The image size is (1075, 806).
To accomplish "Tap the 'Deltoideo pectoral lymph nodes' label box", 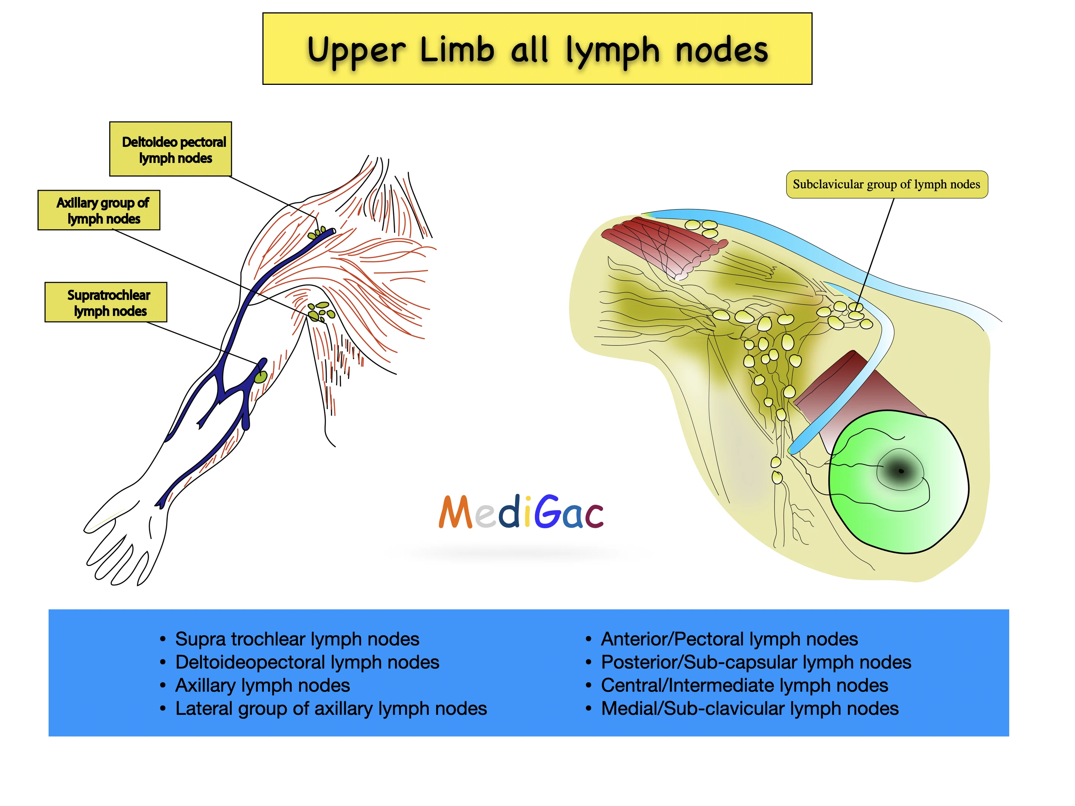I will pyautogui.click(x=170, y=149).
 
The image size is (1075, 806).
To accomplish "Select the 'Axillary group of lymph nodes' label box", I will pyautogui.click(x=99, y=210).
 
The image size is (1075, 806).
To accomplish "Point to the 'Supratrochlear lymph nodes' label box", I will pyautogui.click(x=106, y=302).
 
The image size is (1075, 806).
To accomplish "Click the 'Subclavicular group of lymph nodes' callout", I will pyautogui.click(x=887, y=185).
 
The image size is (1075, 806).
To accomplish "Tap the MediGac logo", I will pyautogui.click(x=521, y=512).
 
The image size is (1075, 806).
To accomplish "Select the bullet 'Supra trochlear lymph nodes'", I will pyautogui.click(x=297, y=639).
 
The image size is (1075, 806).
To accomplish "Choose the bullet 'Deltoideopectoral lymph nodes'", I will pyautogui.click(x=307, y=662).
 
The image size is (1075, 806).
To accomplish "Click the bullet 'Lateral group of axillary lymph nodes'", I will pyautogui.click(x=331, y=708).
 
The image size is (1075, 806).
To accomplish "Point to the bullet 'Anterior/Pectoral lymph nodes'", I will pyautogui.click(x=729, y=639).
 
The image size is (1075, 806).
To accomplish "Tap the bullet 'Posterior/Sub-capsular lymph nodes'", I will pyautogui.click(x=756, y=662).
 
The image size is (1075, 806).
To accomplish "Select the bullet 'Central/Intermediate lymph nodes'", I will pyautogui.click(x=744, y=686).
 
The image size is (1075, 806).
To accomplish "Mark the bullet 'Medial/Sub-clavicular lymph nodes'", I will pyautogui.click(x=749, y=708).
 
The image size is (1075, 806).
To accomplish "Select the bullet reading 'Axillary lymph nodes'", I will pyautogui.click(x=262, y=686).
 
